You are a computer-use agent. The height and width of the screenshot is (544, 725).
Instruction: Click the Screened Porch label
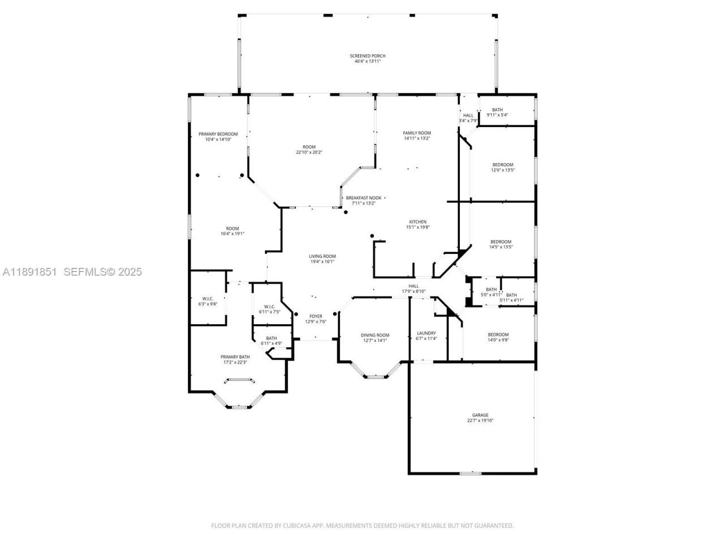[367, 56]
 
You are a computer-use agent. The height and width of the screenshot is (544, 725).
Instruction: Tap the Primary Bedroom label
[218, 134]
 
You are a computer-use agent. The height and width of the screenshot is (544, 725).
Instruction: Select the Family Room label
[417, 133]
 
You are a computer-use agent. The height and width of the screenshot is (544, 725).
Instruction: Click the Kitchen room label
[418, 222]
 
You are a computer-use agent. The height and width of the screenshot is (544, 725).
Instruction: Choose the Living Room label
[322, 256]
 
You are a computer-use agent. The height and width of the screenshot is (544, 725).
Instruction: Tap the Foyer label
[315, 316]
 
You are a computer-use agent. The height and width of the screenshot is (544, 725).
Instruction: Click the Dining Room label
[375, 335]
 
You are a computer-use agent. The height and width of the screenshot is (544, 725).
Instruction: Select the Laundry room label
[426, 333]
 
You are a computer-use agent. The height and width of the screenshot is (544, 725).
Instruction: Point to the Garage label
[480, 415]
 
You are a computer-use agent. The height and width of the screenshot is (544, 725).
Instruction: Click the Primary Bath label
[234, 357]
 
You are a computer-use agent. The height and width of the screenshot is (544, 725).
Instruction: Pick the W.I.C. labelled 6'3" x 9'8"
[207, 299]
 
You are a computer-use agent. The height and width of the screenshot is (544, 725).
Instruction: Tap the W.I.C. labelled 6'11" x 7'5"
[269, 307]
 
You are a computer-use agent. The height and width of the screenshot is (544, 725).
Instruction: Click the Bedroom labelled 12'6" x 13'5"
[502, 165]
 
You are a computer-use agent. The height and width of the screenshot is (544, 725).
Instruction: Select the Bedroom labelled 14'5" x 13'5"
[501, 242]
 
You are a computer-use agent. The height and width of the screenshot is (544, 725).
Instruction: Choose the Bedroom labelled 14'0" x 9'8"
[498, 335]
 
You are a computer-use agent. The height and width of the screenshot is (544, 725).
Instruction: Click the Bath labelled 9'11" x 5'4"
[497, 110]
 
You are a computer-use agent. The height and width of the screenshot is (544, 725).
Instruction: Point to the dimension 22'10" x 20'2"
[309, 152]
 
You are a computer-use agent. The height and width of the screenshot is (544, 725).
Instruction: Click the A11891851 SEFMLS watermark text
[72, 272]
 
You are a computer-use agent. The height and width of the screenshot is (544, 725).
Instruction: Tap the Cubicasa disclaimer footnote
[362, 526]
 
